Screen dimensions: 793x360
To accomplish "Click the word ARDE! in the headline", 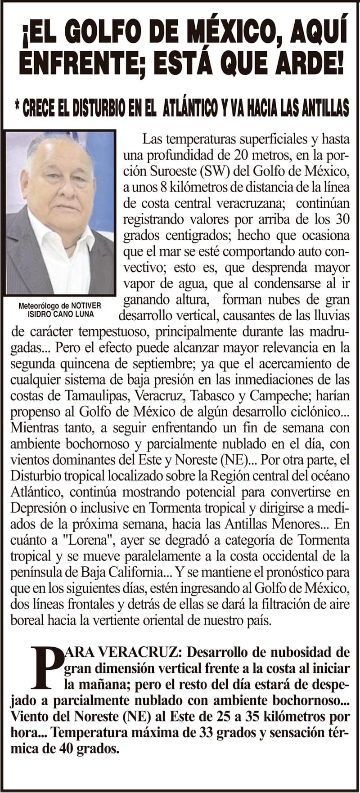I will point(311,65).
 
